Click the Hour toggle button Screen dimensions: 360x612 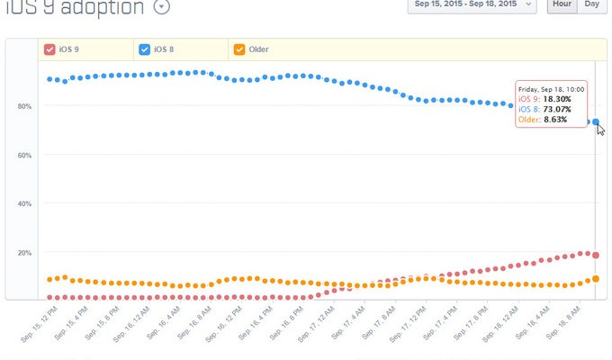[562, 5]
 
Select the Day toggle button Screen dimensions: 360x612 [591, 5]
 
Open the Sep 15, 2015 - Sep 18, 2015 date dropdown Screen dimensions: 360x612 [472, 5]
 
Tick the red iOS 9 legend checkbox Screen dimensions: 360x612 [49, 50]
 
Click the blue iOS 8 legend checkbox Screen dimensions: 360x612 [145, 50]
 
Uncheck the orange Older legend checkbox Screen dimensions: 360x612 [238, 50]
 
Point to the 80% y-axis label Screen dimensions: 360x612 [24, 107]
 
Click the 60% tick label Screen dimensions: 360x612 [24, 156]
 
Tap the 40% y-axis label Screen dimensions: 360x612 [24, 204]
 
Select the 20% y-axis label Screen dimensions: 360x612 [24, 253]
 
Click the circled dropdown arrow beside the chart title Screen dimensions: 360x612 [161, 7]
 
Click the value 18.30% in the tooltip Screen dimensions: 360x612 [556, 100]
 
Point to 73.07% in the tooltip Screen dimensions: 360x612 [556, 110]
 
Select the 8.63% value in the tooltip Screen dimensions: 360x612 [555, 120]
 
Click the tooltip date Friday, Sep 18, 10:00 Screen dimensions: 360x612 [552, 90]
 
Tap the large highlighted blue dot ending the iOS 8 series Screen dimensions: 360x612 [596, 122]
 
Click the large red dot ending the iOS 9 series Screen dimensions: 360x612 [596, 256]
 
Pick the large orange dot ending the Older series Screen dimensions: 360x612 [596, 279]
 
